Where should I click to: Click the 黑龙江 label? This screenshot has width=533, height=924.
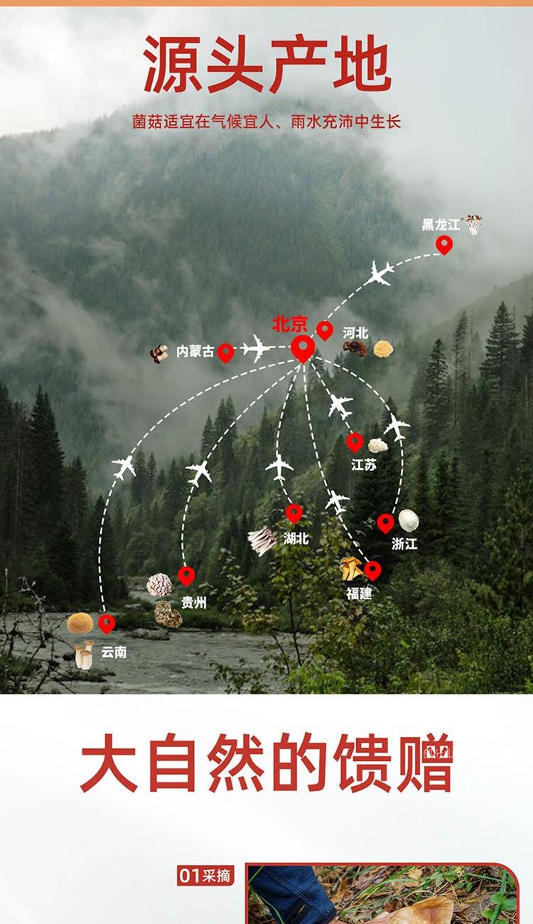[x=441, y=225]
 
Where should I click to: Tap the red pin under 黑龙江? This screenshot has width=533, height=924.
[x=444, y=245]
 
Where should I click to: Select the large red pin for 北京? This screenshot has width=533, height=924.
[x=303, y=348]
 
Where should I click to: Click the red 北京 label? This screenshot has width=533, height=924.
[x=290, y=325]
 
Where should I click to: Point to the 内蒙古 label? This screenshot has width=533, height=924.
[x=195, y=351]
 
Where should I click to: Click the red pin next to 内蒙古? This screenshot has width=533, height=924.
[x=225, y=352]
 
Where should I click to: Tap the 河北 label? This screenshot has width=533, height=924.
[x=355, y=333]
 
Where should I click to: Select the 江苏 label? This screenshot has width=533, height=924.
[x=363, y=465]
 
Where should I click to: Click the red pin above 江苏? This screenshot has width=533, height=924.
[x=355, y=442]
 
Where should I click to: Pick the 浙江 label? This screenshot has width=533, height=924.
[x=404, y=544]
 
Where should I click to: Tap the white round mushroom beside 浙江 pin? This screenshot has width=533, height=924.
[x=409, y=520]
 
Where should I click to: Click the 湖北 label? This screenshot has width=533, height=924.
[x=296, y=538]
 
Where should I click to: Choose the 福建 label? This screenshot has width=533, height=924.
[x=359, y=593]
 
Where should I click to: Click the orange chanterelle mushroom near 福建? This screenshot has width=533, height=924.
[x=350, y=567]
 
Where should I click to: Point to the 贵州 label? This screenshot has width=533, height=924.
[x=193, y=602]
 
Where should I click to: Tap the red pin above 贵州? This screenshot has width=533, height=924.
[x=186, y=576]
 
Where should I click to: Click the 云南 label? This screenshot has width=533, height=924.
[x=114, y=651]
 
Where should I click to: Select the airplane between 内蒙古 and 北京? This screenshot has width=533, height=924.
[x=257, y=348]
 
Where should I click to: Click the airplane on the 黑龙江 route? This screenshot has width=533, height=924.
[x=380, y=274]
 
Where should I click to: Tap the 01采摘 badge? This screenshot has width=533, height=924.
[x=205, y=876]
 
